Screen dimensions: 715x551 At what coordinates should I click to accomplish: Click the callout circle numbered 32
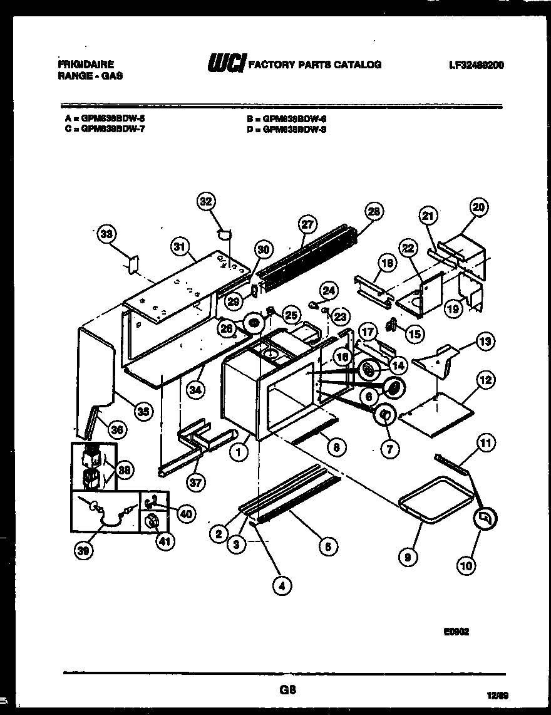pyautogui.click(x=205, y=201)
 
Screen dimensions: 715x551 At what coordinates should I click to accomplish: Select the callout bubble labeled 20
pyautogui.click(x=481, y=207)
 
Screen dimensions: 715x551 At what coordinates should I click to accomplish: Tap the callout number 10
pyautogui.click(x=466, y=565)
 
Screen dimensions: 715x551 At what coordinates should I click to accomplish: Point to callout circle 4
pyautogui.click(x=282, y=586)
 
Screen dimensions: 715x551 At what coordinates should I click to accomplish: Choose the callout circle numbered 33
pyautogui.click(x=108, y=234)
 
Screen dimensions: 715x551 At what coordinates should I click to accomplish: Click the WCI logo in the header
pyautogui.click(x=222, y=64)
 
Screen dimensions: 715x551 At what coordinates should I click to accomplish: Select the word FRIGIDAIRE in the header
pyautogui.click(x=85, y=64)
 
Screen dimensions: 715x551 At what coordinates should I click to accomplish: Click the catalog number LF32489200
pyautogui.click(x=476, y=65)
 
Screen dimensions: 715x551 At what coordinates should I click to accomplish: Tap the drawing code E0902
pyautogui.click(x=456, y=632)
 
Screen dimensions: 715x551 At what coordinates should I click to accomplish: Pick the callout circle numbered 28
pyautogui.click(x=373, y=212)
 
